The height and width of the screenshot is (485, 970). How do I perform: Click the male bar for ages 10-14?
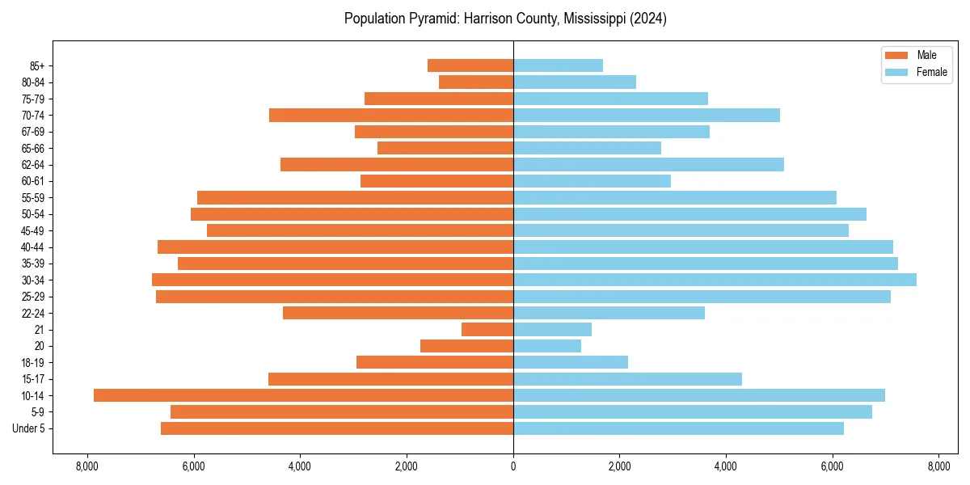click(303, 395)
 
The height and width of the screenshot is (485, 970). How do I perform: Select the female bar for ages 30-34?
click(715, 280)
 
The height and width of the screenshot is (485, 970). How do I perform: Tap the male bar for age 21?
click(487, 329)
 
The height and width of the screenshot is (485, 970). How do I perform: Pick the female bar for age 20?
click(547, 346)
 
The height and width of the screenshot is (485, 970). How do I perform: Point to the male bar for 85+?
click(470, 65)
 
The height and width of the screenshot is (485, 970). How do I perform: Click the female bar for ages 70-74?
click(647, 115)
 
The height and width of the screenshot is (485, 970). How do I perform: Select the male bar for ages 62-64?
click(397, 164)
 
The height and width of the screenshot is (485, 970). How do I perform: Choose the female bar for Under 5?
click(678, 428)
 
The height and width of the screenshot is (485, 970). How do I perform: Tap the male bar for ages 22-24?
click(398, 313)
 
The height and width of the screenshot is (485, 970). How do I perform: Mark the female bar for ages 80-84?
click(575, 82)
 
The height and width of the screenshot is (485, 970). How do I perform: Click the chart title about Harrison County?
click(505, 19)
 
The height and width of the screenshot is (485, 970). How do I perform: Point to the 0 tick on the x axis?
click(513, 466)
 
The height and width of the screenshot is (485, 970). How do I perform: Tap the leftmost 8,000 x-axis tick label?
click(87, 466)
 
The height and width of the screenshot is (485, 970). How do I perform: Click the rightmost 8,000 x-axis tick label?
click(938, 466)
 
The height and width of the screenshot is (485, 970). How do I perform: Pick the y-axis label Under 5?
click(29, 428)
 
